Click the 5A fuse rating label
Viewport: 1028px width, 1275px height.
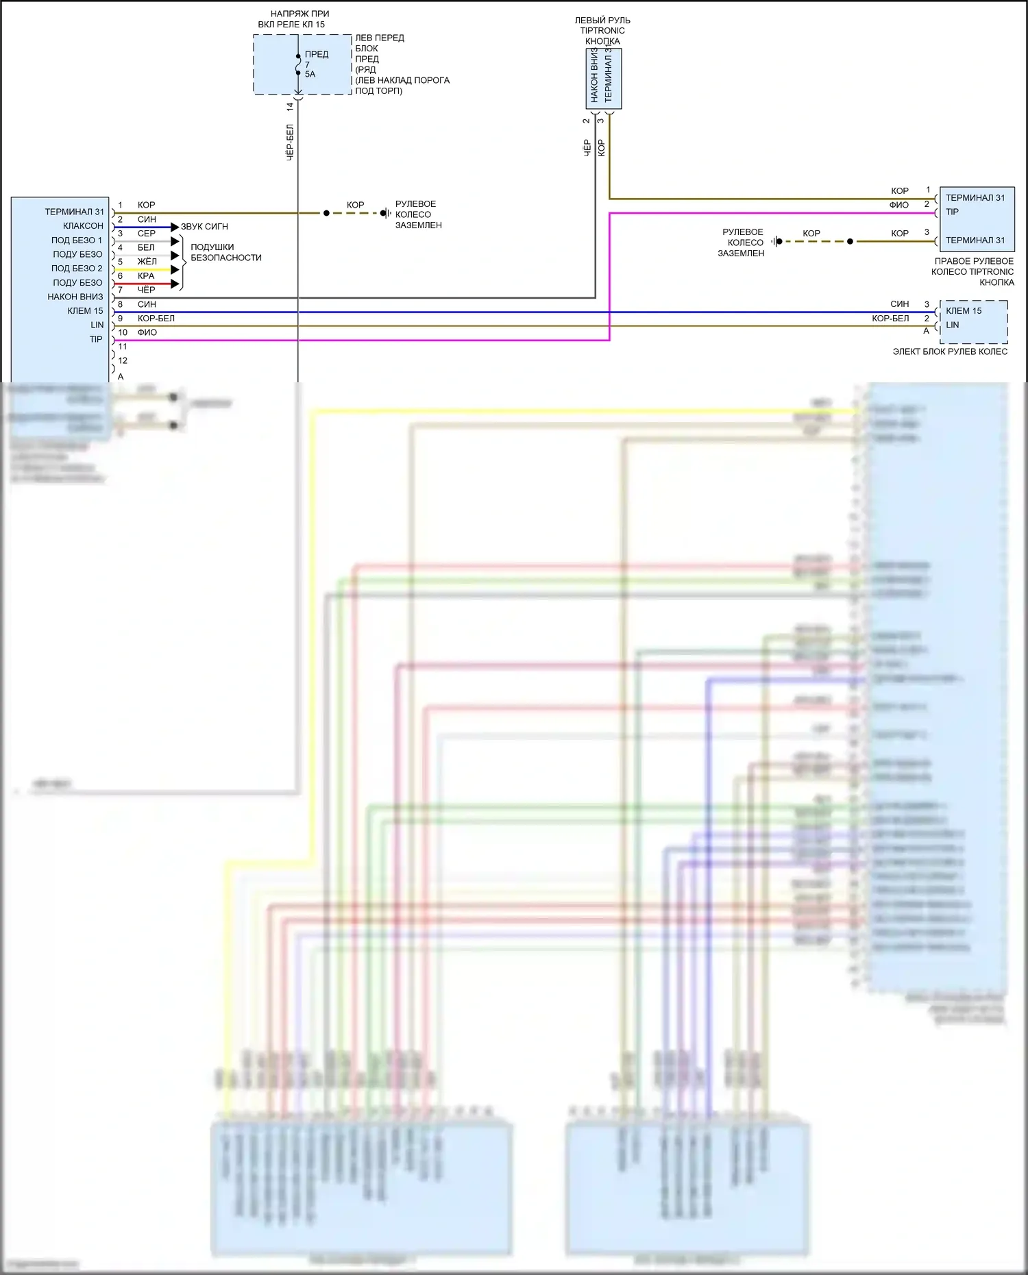click(310, 75)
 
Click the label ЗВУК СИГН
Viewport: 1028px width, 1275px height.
click(204, 227)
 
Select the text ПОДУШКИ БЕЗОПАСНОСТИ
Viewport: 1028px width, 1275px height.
click(225, 252)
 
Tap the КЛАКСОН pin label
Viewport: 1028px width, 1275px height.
click(83, 226)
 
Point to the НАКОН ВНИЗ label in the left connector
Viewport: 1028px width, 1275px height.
click(75, 297)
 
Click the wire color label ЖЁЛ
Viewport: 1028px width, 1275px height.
click(147, 262)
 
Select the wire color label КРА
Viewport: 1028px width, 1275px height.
click(146, 276)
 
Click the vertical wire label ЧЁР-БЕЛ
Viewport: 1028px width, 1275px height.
click(290, 143)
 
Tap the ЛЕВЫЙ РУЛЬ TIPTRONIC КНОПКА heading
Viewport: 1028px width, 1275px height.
click(602, 31)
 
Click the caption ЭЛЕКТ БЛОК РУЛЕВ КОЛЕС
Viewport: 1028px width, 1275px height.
click(950, 351)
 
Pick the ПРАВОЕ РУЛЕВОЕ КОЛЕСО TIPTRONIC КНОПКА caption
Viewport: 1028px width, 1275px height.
click(973, 271)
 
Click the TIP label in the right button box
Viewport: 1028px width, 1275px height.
click(952, 212)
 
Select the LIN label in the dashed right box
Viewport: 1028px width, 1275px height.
click(952, 325)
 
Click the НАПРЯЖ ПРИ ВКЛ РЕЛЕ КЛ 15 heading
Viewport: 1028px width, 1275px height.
click(293, 19)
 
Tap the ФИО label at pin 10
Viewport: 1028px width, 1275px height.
click(147, 332)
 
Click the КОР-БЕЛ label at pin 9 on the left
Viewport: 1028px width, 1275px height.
click(156, 319)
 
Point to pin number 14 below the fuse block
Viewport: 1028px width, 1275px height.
click(290, 106)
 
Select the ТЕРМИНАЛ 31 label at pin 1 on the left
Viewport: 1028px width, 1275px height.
click(74, 212)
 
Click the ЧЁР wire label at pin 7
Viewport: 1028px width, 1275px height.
click(146, 290)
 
